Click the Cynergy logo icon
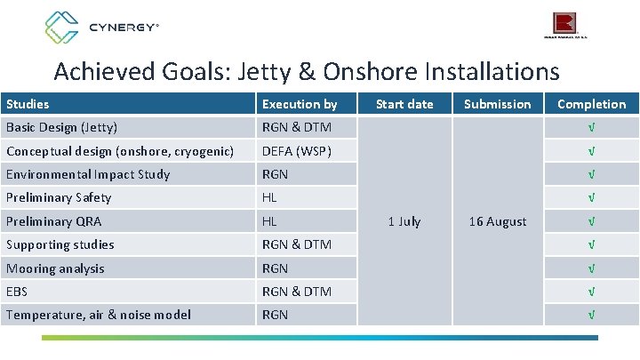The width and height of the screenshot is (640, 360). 61,28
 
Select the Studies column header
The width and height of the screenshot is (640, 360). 27,104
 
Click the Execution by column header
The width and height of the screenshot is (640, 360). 299,104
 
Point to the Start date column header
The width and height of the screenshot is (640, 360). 404,104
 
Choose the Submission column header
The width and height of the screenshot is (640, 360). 497,104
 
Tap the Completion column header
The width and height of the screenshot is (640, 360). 591,104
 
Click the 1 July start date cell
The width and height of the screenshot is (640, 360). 404,221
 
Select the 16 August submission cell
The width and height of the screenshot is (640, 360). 497,221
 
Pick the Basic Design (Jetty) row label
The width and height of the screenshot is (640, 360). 61,127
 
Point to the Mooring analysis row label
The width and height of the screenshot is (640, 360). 55,268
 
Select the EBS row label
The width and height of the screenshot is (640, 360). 18,292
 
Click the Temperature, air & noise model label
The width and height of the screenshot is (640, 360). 98,315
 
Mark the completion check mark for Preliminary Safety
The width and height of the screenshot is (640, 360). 591,197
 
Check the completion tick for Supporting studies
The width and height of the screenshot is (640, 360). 591,244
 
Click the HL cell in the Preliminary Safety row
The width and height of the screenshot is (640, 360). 269,197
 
